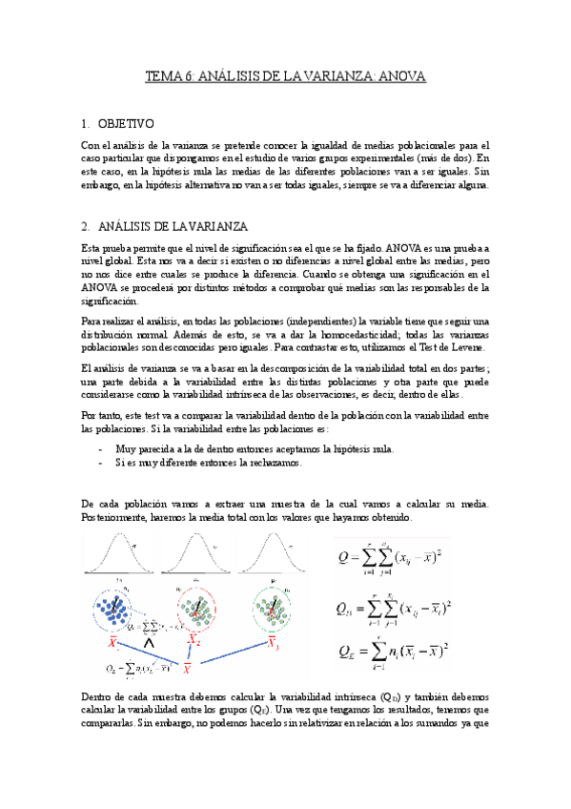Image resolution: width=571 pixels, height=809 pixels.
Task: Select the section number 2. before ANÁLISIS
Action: (x=86, y=226)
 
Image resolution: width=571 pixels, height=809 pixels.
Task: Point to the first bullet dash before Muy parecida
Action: (x=102, y=447)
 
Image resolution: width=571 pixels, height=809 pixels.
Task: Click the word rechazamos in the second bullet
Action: (x=274, y=463)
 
